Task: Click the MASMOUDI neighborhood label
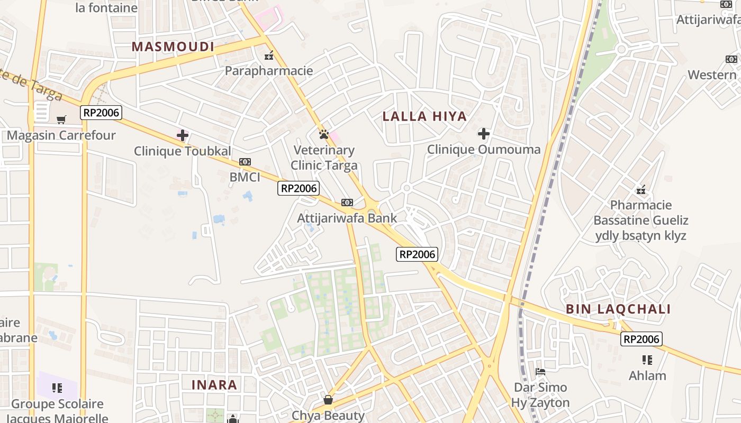(173, 47)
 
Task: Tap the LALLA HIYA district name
(424, 116)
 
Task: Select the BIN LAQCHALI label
(618, 309)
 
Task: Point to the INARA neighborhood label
(214, 384)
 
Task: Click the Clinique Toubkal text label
(182, 151)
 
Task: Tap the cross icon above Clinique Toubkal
(183, 135)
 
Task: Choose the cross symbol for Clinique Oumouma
(483, 134)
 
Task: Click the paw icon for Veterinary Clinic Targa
(324, 134)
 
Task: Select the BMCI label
(245, 177)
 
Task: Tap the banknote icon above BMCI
(245, 162)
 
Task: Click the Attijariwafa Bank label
(347, 218)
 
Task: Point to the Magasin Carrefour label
(61, 135)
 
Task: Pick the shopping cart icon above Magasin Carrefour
(61, 119)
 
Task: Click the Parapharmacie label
(269, 71)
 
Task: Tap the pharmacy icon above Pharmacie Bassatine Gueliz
(641, 189)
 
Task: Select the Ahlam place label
(647, 376)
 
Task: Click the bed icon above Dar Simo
(540, 372)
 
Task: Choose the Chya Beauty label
(328, 416)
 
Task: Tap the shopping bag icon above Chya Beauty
(328, 400)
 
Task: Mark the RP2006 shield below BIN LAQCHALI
(641, 339)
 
